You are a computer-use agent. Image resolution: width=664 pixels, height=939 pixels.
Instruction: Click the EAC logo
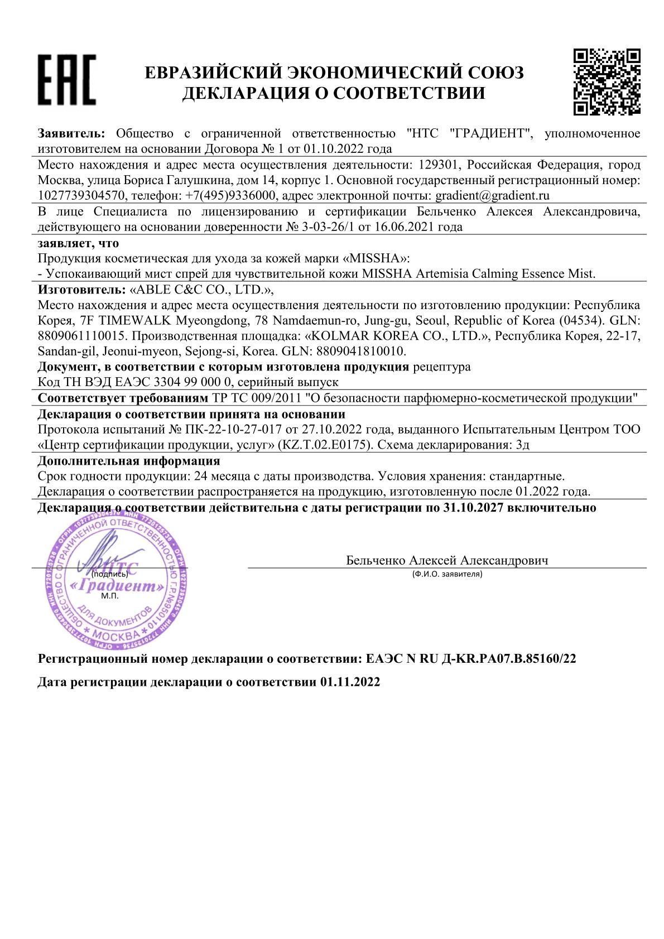coord(66,80)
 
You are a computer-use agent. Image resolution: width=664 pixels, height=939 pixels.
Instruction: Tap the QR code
coord(607,82)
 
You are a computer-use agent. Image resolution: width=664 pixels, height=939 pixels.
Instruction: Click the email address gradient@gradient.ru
coord(493,196)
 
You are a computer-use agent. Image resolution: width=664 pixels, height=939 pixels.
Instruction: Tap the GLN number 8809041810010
coord(361,351)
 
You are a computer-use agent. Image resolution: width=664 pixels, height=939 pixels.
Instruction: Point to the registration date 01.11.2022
coord(350,682)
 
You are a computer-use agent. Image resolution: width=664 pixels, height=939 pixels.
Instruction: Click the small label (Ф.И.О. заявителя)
coord(446,574)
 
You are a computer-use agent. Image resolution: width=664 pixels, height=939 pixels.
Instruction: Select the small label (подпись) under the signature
coord(110,574)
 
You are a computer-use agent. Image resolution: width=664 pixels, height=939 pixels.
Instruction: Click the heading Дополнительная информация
coord(129,461)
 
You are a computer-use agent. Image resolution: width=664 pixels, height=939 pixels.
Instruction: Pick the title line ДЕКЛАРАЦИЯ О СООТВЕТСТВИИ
coord(334,93)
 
